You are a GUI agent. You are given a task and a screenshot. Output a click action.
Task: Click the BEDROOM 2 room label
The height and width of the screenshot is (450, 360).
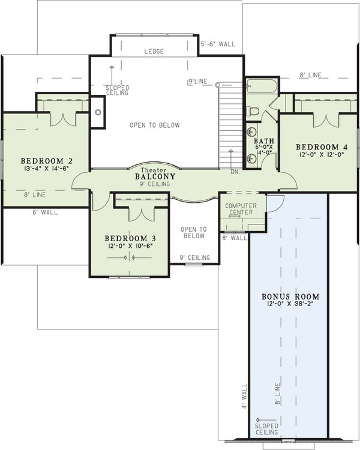click(47, 161)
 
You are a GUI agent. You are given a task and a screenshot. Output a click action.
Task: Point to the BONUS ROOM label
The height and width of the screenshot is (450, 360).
click(290, 297)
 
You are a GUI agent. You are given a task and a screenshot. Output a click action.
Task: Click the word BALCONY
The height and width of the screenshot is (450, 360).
click(155, 177)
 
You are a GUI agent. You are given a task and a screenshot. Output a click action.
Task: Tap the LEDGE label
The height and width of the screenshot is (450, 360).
click(154, 52)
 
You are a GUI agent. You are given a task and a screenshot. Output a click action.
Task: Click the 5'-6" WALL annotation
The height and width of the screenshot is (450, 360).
click(217, 44)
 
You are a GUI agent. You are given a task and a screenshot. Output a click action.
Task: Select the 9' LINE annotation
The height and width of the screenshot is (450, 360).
click(198, 81)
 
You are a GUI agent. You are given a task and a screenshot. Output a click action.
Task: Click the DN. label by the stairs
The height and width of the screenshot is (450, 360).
click(236, 172)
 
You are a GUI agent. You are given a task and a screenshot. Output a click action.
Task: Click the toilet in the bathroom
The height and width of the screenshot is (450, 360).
click(253, 110)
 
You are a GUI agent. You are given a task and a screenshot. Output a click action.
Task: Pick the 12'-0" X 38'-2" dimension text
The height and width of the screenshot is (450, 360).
click(290, 305)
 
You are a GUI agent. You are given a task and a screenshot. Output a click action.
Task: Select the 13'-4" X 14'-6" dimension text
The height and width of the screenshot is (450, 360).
click(47, 169)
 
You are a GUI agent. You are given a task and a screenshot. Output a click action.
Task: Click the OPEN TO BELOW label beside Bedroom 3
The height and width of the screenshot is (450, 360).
click(194, 232)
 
